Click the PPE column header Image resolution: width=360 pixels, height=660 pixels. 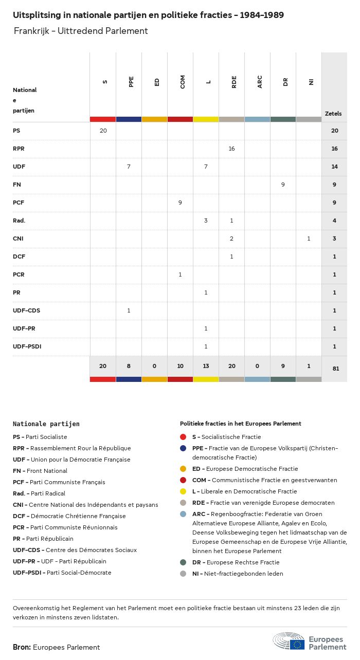[131, 81]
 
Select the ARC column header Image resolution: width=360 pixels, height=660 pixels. [260, 81]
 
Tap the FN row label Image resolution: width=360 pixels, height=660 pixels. [16, 185]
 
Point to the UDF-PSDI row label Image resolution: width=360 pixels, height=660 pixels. [27, 346]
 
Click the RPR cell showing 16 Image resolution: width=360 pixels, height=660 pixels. [231, 149]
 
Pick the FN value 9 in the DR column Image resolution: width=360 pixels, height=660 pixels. [283, 185]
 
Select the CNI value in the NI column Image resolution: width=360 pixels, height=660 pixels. [309, 239]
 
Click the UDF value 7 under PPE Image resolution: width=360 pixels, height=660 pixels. [129, 167]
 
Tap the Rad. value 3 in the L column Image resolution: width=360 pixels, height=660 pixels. [206, 221]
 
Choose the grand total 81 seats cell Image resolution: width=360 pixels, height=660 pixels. [334, 368]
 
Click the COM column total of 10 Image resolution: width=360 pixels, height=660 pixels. [180, 366]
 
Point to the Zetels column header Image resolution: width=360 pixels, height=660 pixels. [333, 114]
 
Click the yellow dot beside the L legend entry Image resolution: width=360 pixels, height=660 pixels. [183, 491]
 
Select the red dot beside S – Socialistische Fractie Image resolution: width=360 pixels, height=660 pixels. [183, 437]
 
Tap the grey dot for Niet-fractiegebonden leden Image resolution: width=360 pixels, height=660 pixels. [183, 574]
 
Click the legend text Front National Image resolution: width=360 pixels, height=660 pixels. [47, 471]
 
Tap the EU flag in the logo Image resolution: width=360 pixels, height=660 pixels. [297, 644]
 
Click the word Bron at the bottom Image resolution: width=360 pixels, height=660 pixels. [22, 647]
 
